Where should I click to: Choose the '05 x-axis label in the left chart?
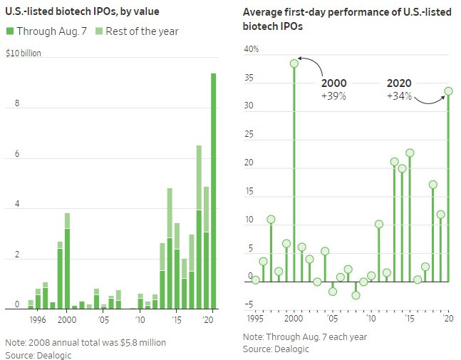point(103,320)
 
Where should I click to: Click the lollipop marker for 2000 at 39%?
point(294,63)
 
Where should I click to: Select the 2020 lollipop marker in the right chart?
point(449,91)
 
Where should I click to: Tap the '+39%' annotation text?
point(333,96)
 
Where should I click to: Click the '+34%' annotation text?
point(399,96)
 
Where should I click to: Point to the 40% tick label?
point(251,49)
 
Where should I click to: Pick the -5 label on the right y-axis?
point(251,304)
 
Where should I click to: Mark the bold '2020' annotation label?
point(399,83)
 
